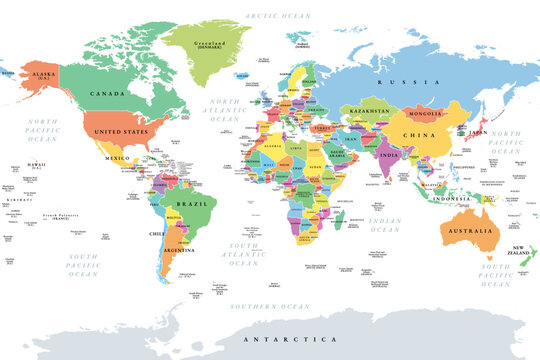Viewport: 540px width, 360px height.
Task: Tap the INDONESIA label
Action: [x=451, y=198]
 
